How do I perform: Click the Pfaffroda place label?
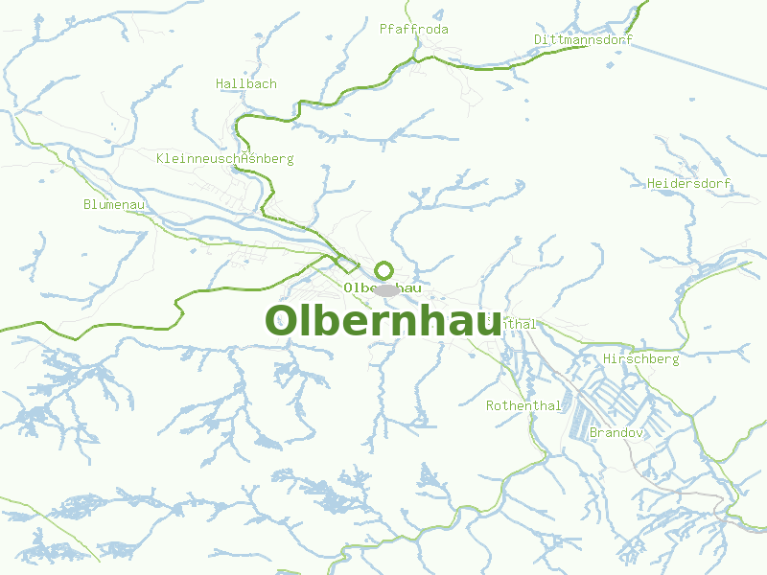414,29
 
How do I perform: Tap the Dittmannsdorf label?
585,39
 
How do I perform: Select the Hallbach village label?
246,83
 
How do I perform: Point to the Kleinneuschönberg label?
225,158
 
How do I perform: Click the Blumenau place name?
114,204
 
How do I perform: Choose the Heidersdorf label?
689,183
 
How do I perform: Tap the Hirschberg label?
641,358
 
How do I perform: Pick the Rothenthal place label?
523,405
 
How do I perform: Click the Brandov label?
616,433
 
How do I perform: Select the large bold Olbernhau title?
383,321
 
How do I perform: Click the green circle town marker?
384,269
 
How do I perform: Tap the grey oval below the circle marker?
386,289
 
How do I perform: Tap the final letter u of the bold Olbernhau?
485,324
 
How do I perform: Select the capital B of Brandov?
594,433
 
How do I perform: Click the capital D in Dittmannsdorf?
539,39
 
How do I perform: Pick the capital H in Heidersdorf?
652,183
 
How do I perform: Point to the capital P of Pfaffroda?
383,29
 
